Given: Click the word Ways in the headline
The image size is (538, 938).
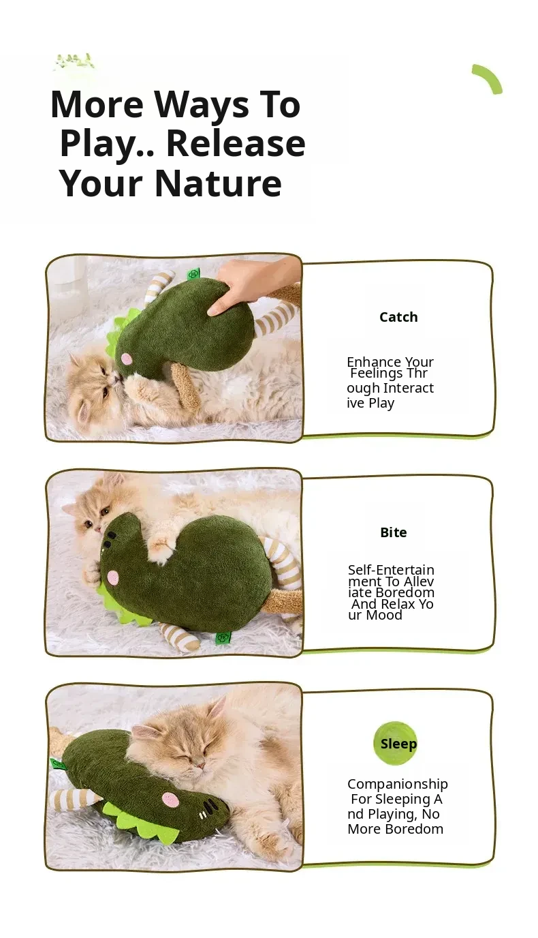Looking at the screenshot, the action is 202,106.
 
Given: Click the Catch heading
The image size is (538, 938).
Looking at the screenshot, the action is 398,317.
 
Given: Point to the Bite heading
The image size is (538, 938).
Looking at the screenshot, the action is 393,532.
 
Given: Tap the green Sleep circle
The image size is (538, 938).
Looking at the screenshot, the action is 396,743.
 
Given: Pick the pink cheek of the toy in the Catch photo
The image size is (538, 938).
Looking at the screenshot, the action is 127,359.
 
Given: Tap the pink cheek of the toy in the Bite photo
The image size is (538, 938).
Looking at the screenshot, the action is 112,577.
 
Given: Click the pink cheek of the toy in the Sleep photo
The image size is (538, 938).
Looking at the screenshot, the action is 171,800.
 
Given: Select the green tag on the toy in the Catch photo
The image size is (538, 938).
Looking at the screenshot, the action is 194,273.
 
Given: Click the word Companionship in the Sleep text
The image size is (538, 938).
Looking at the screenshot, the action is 398,784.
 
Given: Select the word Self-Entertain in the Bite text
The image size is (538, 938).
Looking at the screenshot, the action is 391,570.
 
